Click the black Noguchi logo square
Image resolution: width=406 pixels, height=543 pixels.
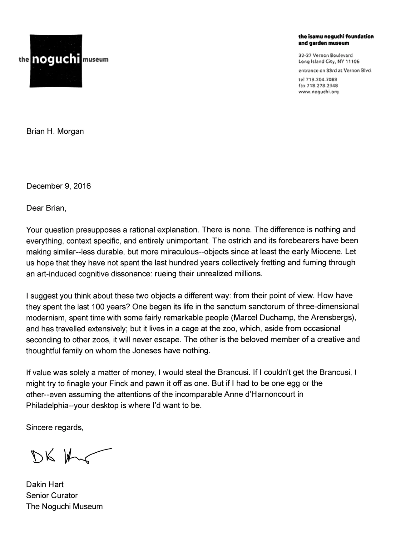click(x=56, y=60)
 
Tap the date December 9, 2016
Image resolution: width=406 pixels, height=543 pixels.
click(x=58, y=186)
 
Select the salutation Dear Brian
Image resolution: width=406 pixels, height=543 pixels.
click(x=46, y=208)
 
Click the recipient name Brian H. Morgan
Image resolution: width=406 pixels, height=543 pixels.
click(x=55, y=131)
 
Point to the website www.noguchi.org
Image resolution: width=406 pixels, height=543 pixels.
click(x=319, y=92)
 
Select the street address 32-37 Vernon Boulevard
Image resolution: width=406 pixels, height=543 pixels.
click(x=325, y=55)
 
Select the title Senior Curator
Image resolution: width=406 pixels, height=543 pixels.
click(x=52, y=495)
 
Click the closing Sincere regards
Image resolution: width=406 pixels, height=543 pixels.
click(x=55, y=427)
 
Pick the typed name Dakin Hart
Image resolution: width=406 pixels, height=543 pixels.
click(x=45, y=485)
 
